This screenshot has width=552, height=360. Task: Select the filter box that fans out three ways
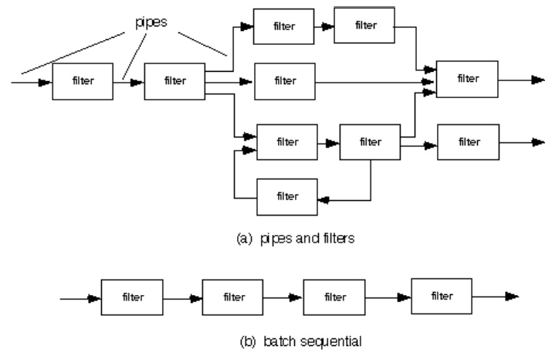point(174,80)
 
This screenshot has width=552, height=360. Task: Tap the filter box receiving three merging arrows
point(466,77)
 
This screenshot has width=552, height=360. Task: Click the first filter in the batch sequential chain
point(132,297)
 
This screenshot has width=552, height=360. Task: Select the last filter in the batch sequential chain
point(442,296)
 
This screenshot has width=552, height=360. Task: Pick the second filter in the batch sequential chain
point(234,297)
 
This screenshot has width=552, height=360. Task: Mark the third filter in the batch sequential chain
point(334,297)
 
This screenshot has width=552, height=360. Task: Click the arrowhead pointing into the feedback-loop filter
point(323,199)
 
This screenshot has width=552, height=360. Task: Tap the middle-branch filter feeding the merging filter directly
point(284,80)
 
